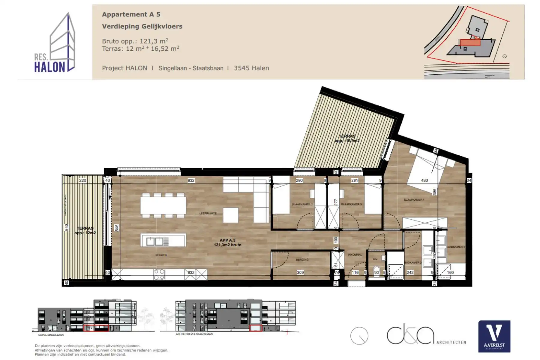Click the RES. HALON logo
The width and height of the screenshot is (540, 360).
(55, 43)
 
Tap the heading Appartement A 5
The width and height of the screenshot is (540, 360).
(131, 14)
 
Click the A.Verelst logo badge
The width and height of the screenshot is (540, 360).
(494, 336)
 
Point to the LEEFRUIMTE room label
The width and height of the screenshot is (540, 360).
(208, 213)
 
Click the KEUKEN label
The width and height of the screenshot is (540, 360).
(161, 255)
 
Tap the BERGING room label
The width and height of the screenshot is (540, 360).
(302, 259)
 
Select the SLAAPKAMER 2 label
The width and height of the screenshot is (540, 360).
(302, 204)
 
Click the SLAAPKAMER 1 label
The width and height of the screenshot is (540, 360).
(414, 200)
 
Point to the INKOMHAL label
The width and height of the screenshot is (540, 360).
(355, 255)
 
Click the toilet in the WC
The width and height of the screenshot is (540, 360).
(376, 270)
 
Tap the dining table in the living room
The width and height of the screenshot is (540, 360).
(163, 205)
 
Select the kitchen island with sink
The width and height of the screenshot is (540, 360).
(163, 240)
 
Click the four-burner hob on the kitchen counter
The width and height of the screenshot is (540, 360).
(159, 274)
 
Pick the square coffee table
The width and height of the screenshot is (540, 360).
(231, 215)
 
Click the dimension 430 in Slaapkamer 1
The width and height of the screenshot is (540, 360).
(424, 180)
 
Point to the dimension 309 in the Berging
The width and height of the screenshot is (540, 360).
(300, 272)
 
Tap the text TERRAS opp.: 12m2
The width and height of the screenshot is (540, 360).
(85, 230)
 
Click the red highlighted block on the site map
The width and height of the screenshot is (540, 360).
(470, 42)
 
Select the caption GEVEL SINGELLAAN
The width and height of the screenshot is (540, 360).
(51, 335)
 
